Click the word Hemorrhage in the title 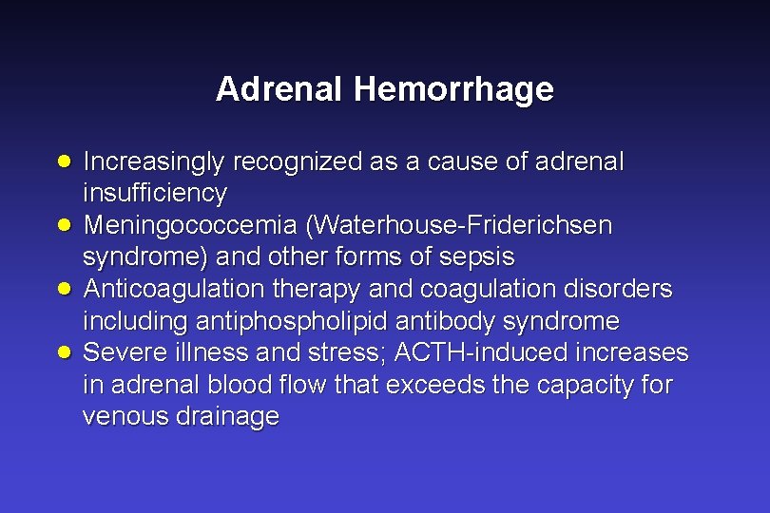click(453, 89)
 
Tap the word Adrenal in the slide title click(280, 89)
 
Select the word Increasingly click(152, 162)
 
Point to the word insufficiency click(155, 194)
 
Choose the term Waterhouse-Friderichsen click(461, 226)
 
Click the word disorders click(618, 289)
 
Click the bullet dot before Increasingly click(63, 161)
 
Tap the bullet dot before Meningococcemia click(63, 224)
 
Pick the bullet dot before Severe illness click(63, 351)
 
